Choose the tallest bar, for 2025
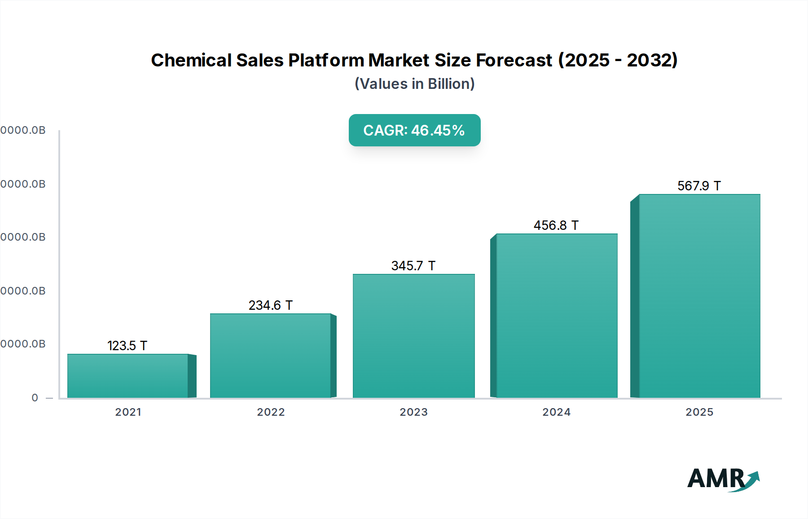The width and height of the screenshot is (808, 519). (699, 296)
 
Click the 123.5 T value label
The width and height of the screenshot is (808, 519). (127, 346)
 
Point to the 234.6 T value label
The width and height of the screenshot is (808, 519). (270, 305)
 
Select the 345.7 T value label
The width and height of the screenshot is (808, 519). (413, 266)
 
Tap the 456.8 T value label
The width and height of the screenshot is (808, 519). (556, 225)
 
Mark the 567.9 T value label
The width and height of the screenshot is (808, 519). (699, 186)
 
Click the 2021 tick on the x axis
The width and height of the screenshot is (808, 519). (128, 412)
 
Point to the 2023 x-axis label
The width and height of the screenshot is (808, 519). (414, 412)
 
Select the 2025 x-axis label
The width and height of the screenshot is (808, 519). (699, 412)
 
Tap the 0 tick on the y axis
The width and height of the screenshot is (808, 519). (35, 398)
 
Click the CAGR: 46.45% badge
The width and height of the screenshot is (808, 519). (414, 130)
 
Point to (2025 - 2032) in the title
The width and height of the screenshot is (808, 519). (618, 60)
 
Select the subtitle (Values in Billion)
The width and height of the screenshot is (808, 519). (414, 84)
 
